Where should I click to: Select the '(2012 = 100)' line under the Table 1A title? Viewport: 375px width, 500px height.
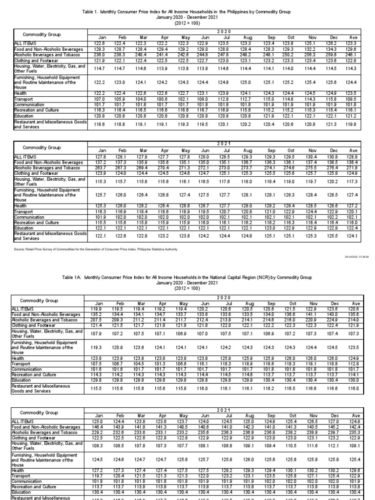tap(187, 288)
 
